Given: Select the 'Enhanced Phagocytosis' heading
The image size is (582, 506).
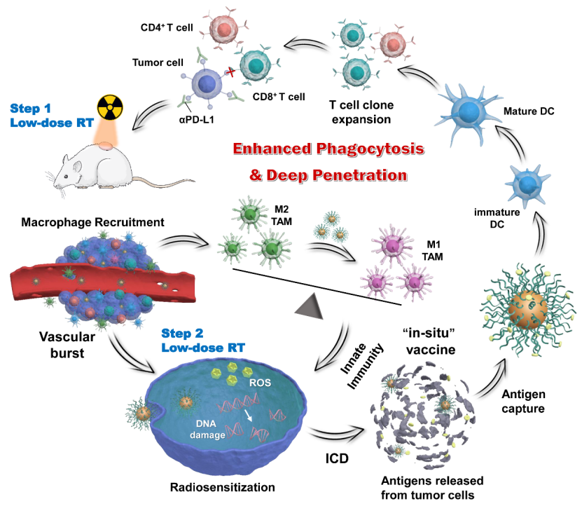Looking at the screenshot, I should click(329, 149).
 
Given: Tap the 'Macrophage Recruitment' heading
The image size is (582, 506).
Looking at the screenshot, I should click(92, 222).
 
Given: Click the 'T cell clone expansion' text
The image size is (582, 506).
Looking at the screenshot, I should click(361, 112).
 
